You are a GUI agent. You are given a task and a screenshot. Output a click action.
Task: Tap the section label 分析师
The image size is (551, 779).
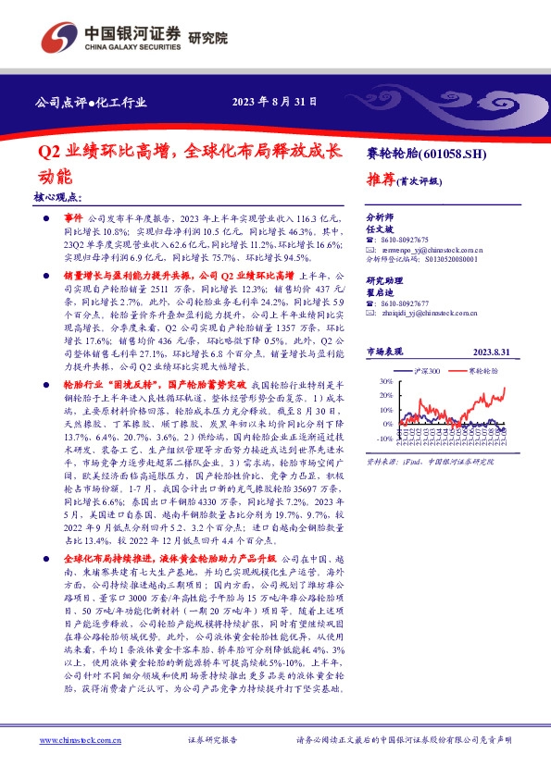tap(379, 214)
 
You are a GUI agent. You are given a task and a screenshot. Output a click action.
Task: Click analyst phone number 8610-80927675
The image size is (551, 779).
tap(403, 240)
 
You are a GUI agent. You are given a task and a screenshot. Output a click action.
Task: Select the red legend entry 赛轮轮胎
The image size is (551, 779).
tap(483, 370)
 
